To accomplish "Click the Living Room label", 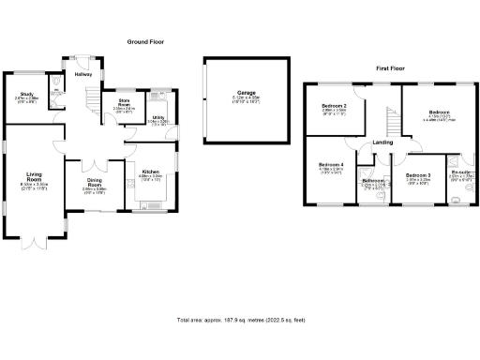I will click(x=36, y=176).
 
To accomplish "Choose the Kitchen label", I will click(x=151, y=172).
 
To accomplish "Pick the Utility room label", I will click(x=157, y=118).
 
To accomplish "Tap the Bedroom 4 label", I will click(x=332, y=166).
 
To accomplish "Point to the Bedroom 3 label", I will click(x=418, y=175).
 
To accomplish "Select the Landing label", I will click(x=382, y=142).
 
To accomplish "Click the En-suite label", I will click(x=461, y=173).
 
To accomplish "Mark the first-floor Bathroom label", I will click(x=375, y=181).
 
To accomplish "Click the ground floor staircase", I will click(x=92, y=97).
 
